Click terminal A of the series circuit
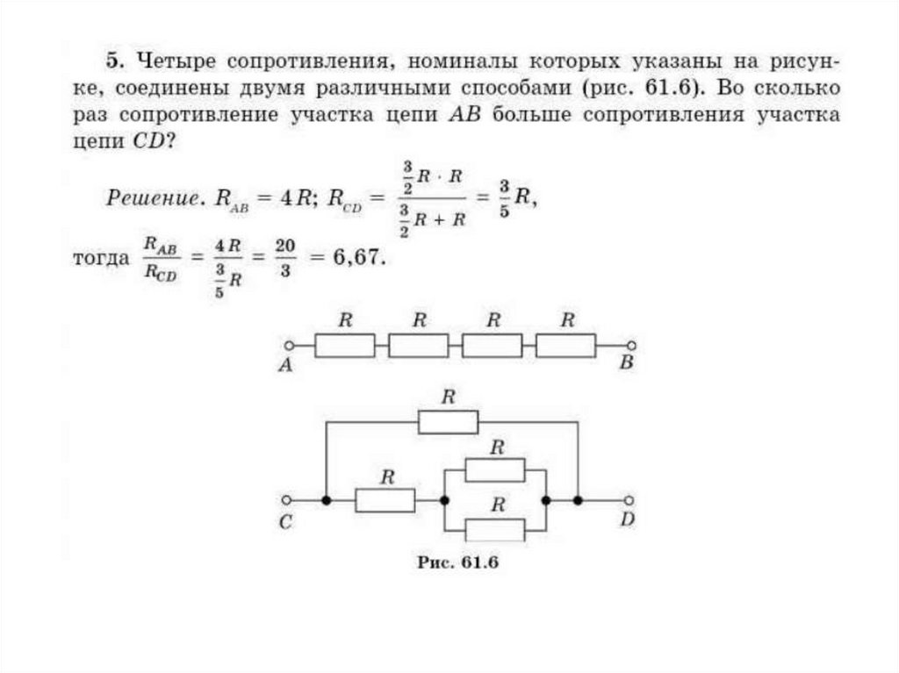287,347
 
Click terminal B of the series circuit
630,347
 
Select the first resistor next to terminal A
345,347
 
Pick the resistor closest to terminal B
566,347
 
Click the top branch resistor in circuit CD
448,423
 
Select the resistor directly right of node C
385,501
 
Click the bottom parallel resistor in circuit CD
495,530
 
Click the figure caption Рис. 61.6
457,563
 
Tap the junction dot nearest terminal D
578,501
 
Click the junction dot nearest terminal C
326,501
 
